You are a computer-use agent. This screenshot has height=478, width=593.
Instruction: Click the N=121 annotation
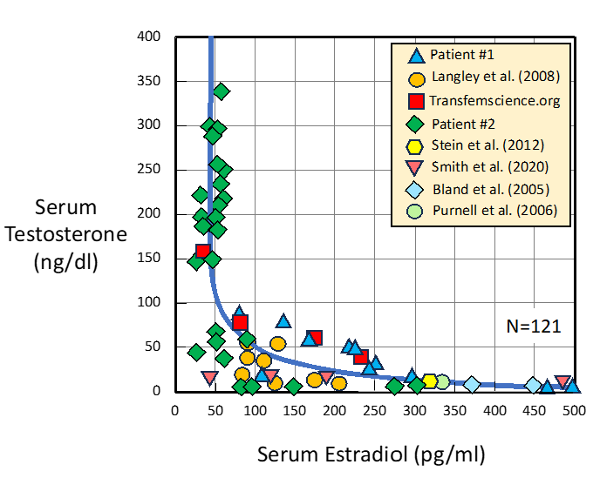tap(534, 327)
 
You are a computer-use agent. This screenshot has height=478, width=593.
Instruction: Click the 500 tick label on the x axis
tap(574, 409)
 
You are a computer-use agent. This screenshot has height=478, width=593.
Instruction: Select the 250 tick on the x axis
tap(374, 409)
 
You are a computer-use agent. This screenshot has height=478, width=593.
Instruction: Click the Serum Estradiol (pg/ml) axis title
tap(371, 454)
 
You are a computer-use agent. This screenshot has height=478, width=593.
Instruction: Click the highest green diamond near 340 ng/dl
tap(222, 91)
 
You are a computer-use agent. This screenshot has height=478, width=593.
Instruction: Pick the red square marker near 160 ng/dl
tap(202, 252)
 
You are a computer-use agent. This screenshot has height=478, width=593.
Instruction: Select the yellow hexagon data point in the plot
tap(429, 381)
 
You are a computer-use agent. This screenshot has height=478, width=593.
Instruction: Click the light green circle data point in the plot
tap(442, 381)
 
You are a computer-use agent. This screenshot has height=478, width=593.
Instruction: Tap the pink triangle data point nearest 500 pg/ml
tap(563, 382)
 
